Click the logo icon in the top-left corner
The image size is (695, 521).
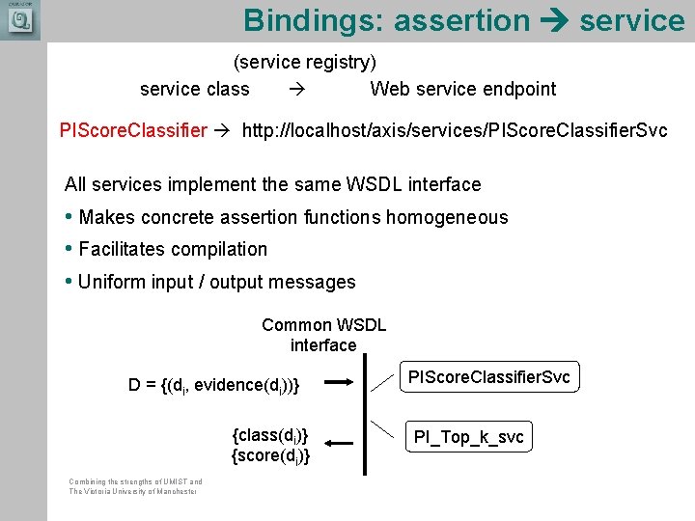[19, 20]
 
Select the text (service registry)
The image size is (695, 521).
[305, 63]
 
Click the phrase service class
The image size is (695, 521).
[194, 89]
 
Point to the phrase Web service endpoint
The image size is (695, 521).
[463, 89]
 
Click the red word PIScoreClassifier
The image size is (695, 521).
[133, 130]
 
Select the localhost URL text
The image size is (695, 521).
[454, 130]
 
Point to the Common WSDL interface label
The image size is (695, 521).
[323, 335]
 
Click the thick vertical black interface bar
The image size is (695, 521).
[365, 415]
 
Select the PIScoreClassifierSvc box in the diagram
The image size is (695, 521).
[489, 377]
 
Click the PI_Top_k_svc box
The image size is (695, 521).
[468, 437]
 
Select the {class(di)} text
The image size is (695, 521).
[271, 434]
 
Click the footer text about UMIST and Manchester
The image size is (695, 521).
[135, 486]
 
